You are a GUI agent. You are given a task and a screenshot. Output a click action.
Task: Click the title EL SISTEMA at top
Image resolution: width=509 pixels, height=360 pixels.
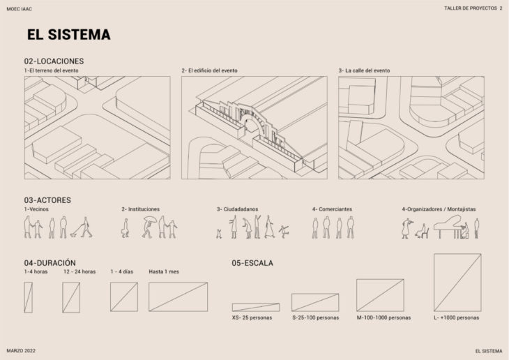[x=69, y=34]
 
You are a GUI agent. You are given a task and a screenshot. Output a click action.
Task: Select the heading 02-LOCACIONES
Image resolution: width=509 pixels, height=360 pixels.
[x=54, y=61]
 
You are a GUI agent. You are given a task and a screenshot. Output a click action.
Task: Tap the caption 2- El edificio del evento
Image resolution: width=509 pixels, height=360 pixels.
[x=209, y=70]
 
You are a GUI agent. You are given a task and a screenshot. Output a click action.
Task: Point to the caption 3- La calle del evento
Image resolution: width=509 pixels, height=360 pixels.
[x=364, y=70]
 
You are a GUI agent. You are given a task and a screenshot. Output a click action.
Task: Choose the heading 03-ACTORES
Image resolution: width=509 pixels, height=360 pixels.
[x=47, y=200]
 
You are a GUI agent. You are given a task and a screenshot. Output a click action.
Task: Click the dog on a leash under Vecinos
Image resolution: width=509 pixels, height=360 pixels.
[x=75, y=232]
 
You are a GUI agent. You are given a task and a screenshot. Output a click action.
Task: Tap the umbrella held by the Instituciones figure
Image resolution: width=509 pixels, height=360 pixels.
[x=151, y=219]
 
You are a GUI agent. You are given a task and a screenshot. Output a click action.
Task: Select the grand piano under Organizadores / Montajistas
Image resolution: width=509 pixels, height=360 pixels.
[x=448, y=227]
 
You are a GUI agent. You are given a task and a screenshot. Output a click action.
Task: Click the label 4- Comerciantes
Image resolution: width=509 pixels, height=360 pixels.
[x=332, y=209]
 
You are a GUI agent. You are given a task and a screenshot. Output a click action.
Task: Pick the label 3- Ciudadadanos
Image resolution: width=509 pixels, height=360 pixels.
[x=238, y=209]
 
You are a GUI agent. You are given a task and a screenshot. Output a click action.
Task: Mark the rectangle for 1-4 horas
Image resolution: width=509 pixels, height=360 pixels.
[x=29, y=297]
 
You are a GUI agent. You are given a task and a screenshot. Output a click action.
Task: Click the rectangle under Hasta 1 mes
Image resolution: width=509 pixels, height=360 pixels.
[x=178, y=297]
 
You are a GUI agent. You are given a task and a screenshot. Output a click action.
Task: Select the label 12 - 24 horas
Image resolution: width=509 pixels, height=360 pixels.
[x=79, y=271]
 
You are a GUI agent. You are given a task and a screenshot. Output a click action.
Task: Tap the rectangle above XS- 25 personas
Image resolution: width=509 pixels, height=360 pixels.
[x=256, y=308]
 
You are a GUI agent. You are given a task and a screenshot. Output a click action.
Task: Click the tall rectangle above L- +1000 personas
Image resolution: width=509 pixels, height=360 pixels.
[x=457, y=283]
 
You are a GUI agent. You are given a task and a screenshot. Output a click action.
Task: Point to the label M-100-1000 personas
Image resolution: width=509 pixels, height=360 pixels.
[x=383, y=317]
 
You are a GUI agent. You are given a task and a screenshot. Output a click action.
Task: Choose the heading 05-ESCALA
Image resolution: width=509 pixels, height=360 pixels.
[x=252, y=263]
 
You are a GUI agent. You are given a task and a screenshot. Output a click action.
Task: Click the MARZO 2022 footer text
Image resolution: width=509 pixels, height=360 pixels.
[x=21, y=351]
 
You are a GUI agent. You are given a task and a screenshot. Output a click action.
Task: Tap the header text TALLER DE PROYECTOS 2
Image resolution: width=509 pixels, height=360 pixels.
[x=473, y=8]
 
